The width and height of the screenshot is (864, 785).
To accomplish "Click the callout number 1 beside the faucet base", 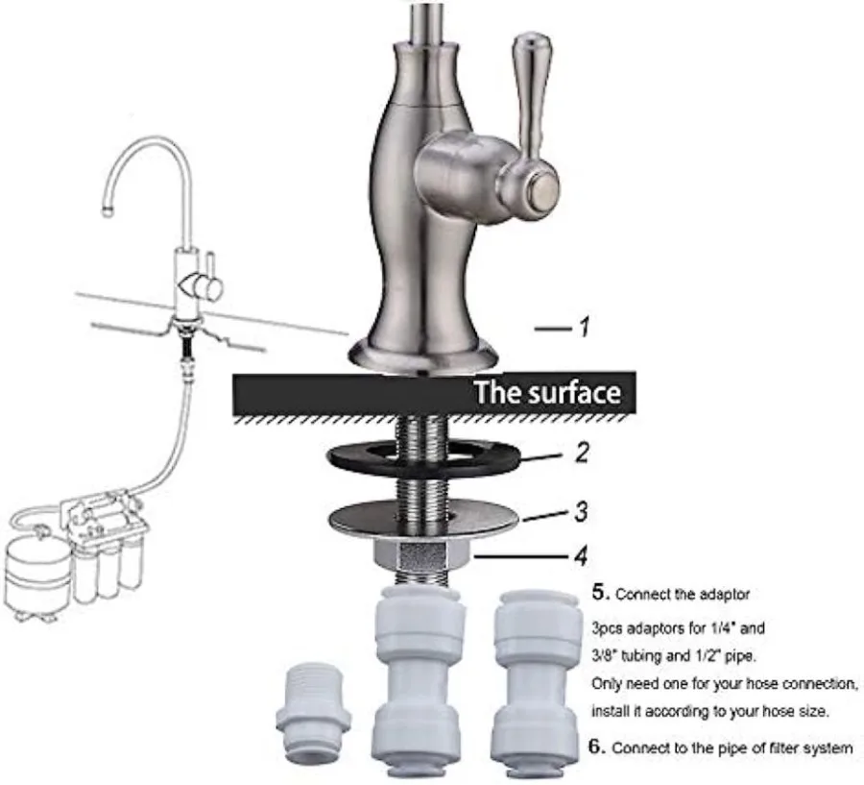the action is [581, 329].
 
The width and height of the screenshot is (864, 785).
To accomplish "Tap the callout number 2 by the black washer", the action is [582, 452].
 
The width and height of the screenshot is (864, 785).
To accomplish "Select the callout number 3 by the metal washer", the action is [581, 511].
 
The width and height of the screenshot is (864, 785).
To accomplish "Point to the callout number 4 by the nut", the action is [582, 554].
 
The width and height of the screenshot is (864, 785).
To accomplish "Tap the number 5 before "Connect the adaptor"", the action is [598, 592].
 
